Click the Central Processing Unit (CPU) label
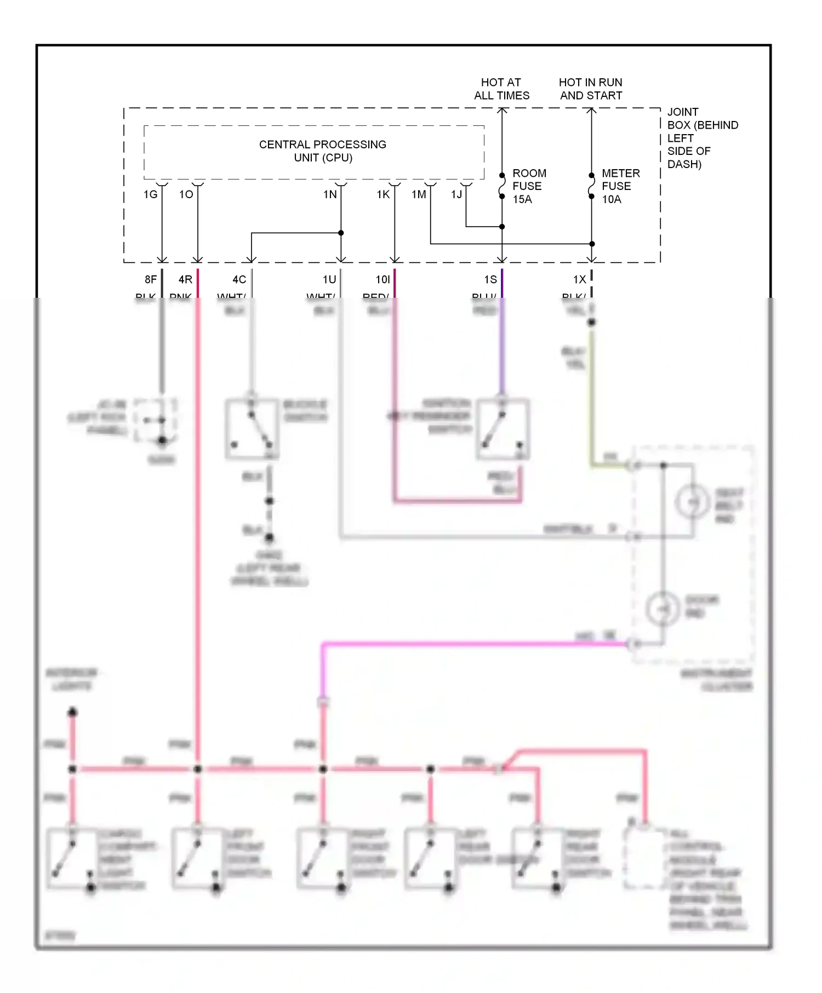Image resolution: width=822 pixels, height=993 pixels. point(322,151)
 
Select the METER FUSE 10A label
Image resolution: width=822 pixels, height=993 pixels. point(620,186)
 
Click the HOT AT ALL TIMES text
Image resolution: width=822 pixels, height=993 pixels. point(501,89)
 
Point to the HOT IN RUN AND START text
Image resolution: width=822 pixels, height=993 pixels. point(591,89)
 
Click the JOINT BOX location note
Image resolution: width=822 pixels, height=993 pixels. point(702,138)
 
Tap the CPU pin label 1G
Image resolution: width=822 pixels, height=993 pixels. point(150,194)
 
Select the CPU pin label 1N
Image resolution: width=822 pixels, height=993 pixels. point(330,194)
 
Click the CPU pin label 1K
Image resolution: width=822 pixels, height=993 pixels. point(383,194)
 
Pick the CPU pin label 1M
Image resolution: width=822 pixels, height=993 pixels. point(419,194)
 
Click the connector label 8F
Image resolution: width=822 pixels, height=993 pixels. point(151,280)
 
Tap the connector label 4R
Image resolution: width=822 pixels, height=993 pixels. point(185,280)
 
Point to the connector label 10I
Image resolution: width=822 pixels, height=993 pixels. point(383,280)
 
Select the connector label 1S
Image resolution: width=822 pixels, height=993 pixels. point(490,280)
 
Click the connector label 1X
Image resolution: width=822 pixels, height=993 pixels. point(579,280)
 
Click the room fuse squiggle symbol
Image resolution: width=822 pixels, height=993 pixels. point(502,186)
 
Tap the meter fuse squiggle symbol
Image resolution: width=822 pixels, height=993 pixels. point(591,186)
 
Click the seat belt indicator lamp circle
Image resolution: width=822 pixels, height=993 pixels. point(693,501)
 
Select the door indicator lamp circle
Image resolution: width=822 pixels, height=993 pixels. point(663,609)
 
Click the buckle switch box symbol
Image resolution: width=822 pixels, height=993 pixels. point(252,429)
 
